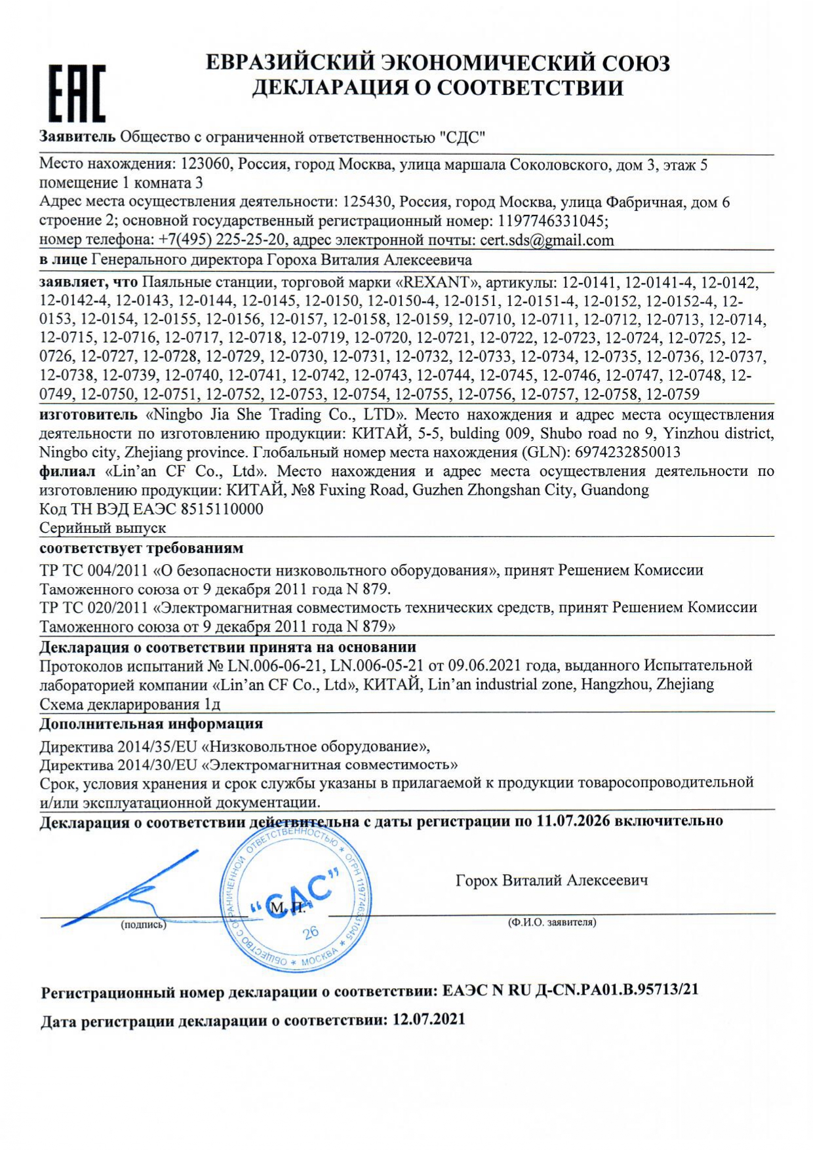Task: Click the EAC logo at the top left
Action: point(77,93)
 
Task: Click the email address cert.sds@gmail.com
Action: point(547,240)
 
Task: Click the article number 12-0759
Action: point(673,394)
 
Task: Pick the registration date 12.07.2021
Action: point(429,1020)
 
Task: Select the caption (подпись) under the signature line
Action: point(143,925)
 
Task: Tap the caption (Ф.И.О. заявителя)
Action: point(551,922)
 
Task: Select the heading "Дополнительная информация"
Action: point(151,724)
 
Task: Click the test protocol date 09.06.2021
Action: point(484,666)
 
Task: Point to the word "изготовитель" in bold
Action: point(89,415)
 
